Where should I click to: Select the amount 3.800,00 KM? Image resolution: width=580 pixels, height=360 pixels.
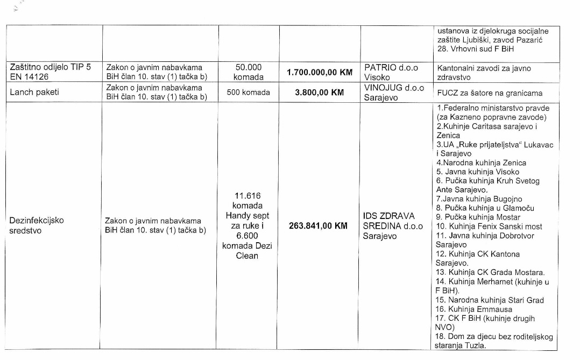coord(319,92)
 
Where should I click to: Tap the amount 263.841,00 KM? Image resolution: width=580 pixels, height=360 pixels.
coord(318,226)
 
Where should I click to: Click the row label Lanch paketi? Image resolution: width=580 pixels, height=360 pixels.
coord(34,92)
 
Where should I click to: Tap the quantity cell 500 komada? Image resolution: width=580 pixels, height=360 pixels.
coord(248,92)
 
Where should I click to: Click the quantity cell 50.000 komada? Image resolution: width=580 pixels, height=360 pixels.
coord(248,72)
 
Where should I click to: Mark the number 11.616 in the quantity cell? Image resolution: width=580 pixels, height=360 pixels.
coord(248,195)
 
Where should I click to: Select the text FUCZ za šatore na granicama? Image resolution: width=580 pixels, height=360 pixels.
coord(490,93)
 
